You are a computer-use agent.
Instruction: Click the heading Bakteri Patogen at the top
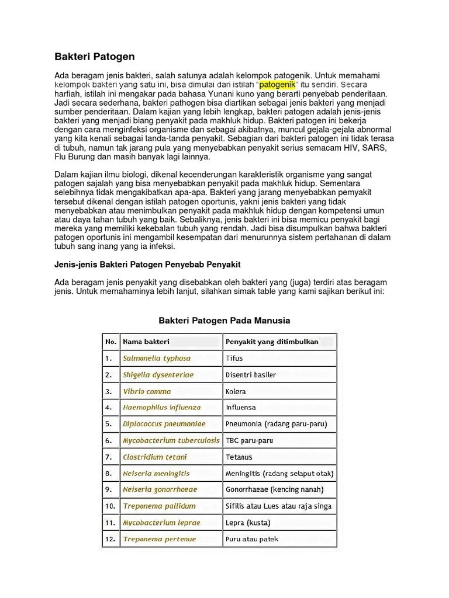click(x=94, y=57)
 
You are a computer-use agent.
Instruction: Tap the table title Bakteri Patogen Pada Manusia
click(x=224, y=321)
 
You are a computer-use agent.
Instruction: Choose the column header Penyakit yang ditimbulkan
click(x=272, y=342)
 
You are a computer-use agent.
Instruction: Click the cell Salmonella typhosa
click(x=157, y=358)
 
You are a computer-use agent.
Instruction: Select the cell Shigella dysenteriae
click(x=158, y=374)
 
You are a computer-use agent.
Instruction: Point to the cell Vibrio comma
click(x=147, y=391)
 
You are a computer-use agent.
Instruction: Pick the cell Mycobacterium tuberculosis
click(x=171, y=440)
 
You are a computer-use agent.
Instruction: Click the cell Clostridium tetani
click(x=154, y=457)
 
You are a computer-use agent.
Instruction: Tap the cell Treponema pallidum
click(x=159, y=506)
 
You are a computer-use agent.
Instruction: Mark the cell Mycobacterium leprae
click(x=161, y=523)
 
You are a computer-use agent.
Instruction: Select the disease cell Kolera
click(x=236, y=391)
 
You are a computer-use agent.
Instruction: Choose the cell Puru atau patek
click(x=252, y=539)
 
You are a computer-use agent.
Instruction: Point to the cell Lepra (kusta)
click(x=248, y=523)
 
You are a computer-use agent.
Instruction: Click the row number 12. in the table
click(x=110, y=539)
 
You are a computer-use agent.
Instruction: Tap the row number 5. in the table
click(x=108, y=424)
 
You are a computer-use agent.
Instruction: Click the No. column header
click(x=110, y=342)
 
